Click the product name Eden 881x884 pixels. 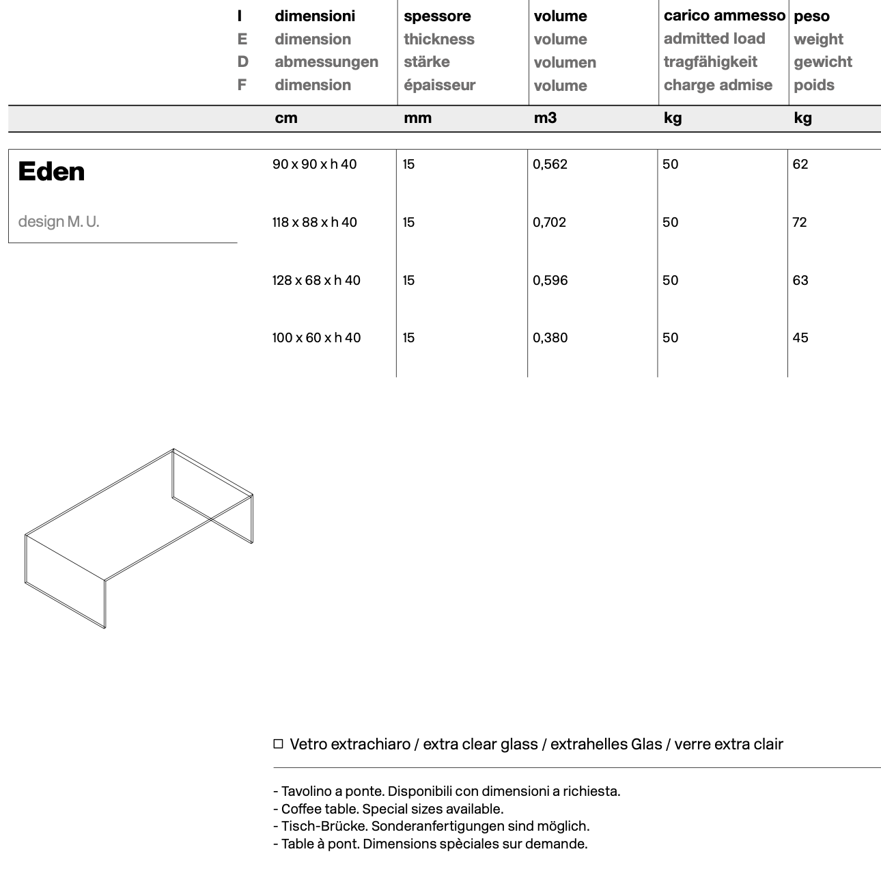51,171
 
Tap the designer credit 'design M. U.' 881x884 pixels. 59,221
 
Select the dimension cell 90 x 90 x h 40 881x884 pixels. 314,164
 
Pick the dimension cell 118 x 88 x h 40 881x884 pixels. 314,222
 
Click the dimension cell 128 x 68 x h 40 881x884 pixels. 316,280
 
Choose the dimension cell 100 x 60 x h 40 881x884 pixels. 316,337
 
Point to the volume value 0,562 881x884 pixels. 550,164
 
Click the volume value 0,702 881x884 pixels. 550,222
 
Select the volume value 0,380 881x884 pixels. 550,337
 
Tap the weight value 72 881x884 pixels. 800,222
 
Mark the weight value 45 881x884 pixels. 800,337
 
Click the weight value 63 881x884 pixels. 800,280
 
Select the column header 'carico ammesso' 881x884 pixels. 724,16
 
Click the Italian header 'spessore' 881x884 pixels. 437,16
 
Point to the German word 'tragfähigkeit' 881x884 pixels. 710,62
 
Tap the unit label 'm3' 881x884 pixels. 545,118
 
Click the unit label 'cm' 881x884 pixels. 286,118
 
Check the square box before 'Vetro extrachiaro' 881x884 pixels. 278,744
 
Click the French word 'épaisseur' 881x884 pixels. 439,85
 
